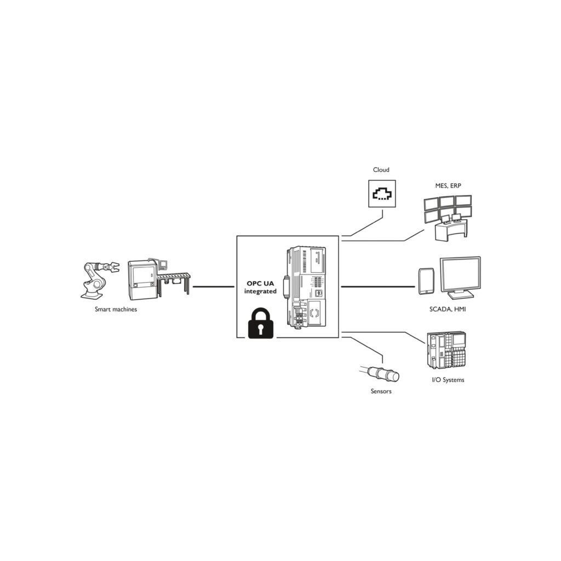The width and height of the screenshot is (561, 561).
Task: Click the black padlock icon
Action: (261, 324)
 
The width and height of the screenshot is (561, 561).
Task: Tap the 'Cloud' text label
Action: (381, 170)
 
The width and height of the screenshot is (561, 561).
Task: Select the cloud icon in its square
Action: (381, 194)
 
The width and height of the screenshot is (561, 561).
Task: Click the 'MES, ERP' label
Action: (448, 186)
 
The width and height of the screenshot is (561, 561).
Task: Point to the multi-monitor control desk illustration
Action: (448, 217)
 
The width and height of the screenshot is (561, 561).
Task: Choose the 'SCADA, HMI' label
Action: (448, 310)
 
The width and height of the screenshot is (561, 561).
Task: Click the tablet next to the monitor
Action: (426, 280)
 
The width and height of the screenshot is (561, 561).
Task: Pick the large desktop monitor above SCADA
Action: (460, 277)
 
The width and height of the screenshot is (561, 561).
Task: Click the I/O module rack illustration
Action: (446, 351)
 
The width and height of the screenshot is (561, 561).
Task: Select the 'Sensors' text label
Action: (381, 391)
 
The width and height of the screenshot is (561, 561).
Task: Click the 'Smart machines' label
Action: (116, 310)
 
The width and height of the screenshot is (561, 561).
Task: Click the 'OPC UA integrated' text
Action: (260, 288)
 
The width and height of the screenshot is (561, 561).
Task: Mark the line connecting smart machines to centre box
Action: (214, 287)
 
